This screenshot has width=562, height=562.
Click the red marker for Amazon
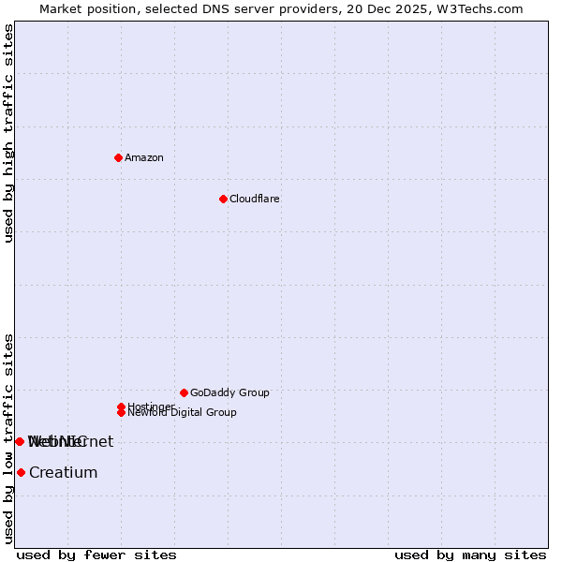(x=119, y=157)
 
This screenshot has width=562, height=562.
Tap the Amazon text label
(x=144, y=158)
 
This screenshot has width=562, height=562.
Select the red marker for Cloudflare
(x=223, y=199)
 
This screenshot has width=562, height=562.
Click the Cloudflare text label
(x=255, y=200)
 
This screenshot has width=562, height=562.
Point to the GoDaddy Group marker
(x=184, y=392)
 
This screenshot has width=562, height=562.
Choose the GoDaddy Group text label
(x=229, y=393)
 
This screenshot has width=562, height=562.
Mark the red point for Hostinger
(x=121, y=407)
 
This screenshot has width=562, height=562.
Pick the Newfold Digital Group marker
(x=122, y=413)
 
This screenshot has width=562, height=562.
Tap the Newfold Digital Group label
(x=183, y=413)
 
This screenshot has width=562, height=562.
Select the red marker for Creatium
(x=21, y=473)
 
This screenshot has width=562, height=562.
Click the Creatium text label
(x=64, y=473)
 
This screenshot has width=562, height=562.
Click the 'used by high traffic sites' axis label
(x=9, y=133)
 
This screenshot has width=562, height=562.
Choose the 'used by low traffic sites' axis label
(x=9, y=438)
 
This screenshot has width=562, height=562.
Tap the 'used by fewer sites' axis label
(x=96, y=555)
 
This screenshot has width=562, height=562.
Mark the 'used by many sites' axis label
(x=470, y=555)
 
